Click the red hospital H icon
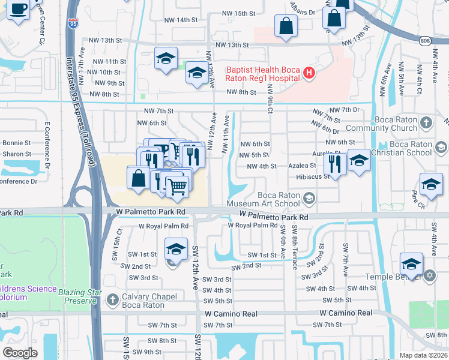point(309,74)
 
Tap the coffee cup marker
point(18,10)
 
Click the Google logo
point(20,352)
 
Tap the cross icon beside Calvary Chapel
point(112,299)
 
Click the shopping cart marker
point(177,187)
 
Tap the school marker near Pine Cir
point(431,185)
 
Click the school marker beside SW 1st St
point(175,248)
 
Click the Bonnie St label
point(17,143)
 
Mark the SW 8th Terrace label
point(294,246)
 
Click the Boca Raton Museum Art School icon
point(309,198)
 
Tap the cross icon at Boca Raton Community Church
point(426,123)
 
